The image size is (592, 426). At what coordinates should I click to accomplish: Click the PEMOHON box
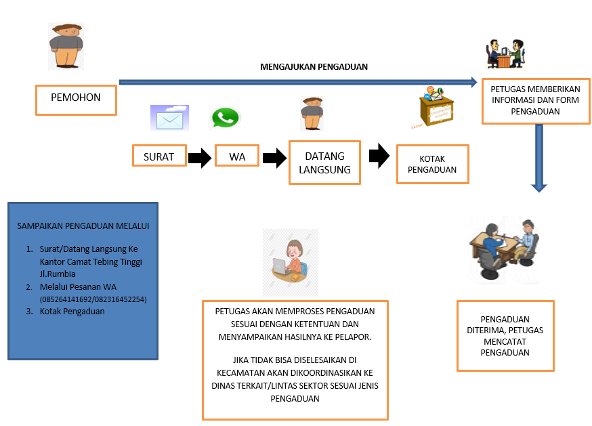pos(76,99)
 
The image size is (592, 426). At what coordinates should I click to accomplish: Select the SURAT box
pos(159,157)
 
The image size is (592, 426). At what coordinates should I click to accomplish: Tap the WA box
pos(237,157)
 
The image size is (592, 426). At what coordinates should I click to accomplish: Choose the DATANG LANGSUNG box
pos(324,163)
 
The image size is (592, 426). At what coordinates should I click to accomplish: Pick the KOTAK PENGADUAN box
pos(432,164)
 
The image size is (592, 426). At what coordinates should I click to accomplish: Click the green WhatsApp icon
pos(226,118)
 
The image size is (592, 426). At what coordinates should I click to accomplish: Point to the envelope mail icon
pos(169,118)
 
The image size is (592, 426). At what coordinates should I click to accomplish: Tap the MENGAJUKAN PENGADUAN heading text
pos(314,67)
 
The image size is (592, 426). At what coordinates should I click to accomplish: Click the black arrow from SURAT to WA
pos(200,158)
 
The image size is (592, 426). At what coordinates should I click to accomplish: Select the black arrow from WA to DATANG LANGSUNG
pos(274,158)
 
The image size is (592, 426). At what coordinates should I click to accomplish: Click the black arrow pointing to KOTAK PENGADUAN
pos(379,156)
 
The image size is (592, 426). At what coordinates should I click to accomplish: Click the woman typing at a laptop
pos(290,261)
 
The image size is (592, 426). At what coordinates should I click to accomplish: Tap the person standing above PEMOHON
pos(66,46)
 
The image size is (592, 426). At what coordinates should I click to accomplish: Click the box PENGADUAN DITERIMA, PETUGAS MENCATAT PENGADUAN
pos(505,335)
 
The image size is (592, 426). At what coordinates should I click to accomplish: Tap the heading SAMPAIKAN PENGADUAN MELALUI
pos(83,226)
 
